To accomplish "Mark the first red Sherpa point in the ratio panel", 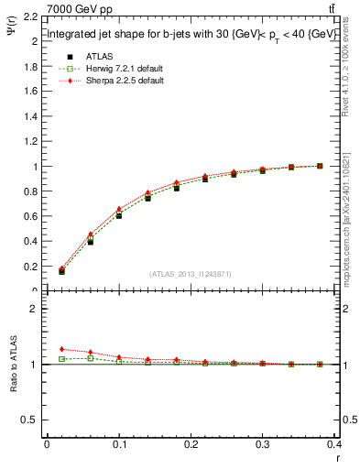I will pyautogui.click(x=61, y=349).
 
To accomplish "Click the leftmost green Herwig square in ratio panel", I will pyautogui.click(x=61, y=359).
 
